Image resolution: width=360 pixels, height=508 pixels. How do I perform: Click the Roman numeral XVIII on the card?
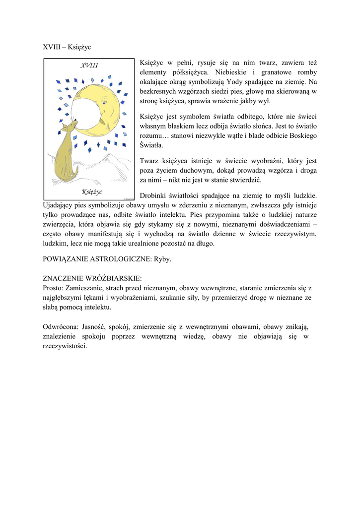(x=89, y=65)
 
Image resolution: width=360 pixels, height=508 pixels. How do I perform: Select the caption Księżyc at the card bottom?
(x=91, y=191)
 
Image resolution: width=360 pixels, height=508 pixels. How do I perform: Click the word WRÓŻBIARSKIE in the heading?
(x=114, y=278)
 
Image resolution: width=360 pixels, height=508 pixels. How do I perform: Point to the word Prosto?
(x=53, y=288)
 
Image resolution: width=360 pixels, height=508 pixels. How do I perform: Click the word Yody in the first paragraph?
(x=236, y=81)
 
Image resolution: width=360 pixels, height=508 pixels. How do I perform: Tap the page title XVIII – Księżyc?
(x=67, y=47)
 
